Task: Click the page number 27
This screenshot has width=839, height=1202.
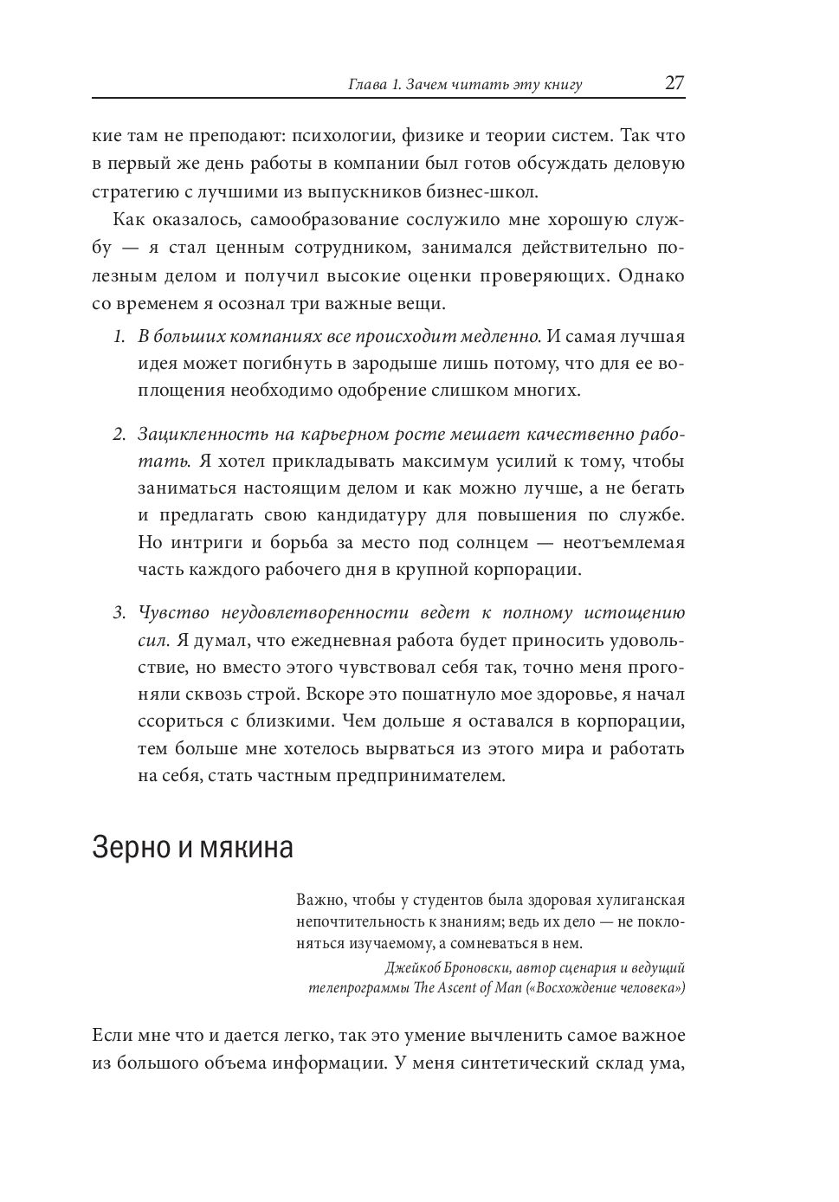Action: pos(674,83)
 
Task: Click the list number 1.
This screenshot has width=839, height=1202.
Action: pos(119,336)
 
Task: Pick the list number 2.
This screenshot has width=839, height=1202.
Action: pos(119,433)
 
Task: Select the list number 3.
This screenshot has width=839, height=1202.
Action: pos(119,613)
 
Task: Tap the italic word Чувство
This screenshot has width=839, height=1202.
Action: pos(174,613)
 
